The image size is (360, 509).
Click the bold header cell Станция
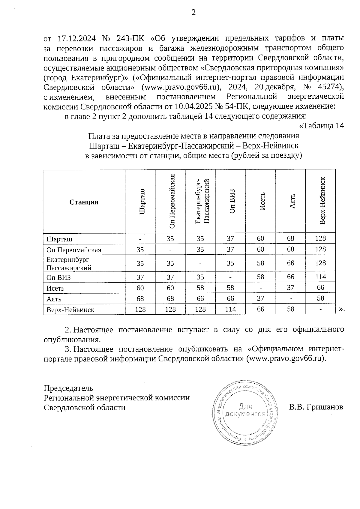tap(84, 202)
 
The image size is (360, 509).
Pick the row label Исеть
tap(55, 288)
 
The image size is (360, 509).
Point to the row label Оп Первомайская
tap(74, 250)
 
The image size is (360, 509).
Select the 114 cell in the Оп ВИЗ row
tap(320, 277)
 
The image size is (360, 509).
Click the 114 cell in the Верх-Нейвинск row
tap(230, 309)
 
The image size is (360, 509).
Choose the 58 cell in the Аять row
tap(320, 298)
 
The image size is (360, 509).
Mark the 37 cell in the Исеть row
tap(290, 287)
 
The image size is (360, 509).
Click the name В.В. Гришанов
tap(316, 407)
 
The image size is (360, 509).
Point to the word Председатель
tap(68, 388)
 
